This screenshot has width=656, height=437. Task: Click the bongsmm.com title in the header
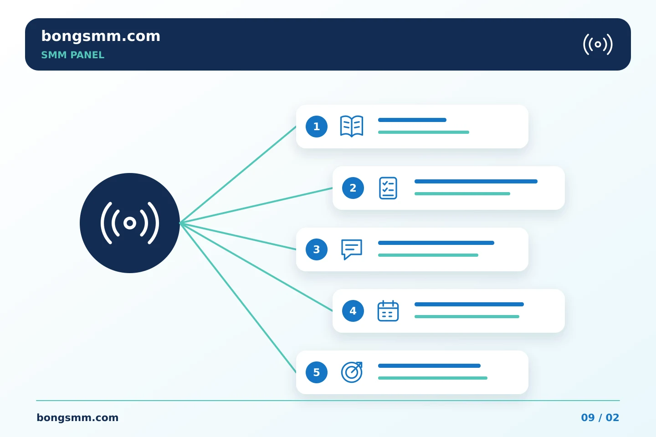click(101, 37)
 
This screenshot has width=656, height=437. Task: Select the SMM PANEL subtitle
click(72, 55)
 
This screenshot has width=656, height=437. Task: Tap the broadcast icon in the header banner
click(598, 44)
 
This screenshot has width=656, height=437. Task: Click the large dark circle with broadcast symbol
click(130, 223)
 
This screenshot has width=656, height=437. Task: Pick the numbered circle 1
click(317, 127)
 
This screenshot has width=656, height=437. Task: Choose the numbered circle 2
click(353, 188)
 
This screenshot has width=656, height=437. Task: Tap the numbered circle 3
click(317, 249)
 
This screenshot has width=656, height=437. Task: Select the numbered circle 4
click(353, 311)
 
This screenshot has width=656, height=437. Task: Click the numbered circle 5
click(317, 372)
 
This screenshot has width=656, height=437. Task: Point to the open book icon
click(352, 126)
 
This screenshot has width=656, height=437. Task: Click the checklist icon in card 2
click(388, 188)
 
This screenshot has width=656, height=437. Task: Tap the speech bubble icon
click(352, 249)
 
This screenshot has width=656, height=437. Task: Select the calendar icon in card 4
click(388, 311)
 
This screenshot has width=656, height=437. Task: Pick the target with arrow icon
click(352, 372)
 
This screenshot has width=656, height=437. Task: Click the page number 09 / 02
click(600, 418)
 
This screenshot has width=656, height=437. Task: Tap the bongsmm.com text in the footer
click(77, 418)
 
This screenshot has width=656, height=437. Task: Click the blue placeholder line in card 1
click(412, 120)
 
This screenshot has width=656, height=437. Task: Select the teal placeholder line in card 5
click(433, 378)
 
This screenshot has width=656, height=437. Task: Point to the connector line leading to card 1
click(238, 175)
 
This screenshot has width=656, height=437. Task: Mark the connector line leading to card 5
click(238, 298)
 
